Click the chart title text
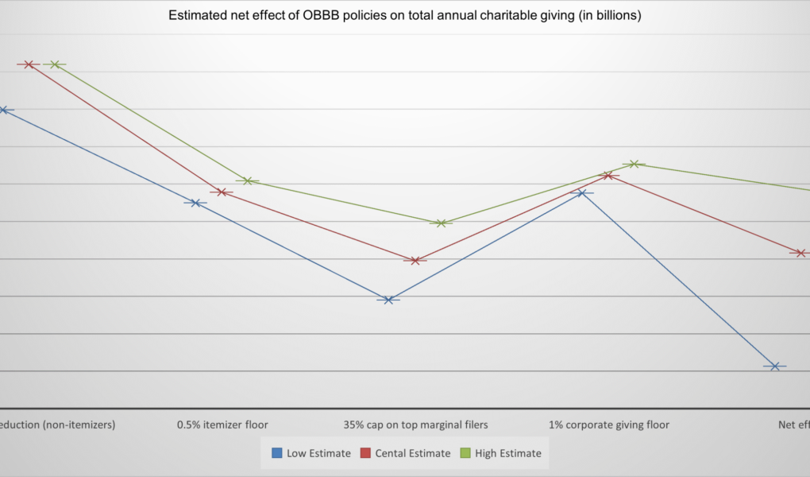(404, 15)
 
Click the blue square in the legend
(277, 453)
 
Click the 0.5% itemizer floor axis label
(222, 425)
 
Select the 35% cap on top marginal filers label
(415, 425)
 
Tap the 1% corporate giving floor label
(608, 425)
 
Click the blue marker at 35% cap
(388, 300)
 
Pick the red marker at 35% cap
(415, 261)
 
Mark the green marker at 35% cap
(441, 223)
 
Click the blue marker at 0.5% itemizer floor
(195, 203)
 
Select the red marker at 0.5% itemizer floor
(222, 192)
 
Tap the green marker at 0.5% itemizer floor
(248, 181)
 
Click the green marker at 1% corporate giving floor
(634, 165)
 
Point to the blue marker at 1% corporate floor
(581, 193)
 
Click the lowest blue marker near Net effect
(774, 366)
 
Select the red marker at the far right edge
(801, 253)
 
